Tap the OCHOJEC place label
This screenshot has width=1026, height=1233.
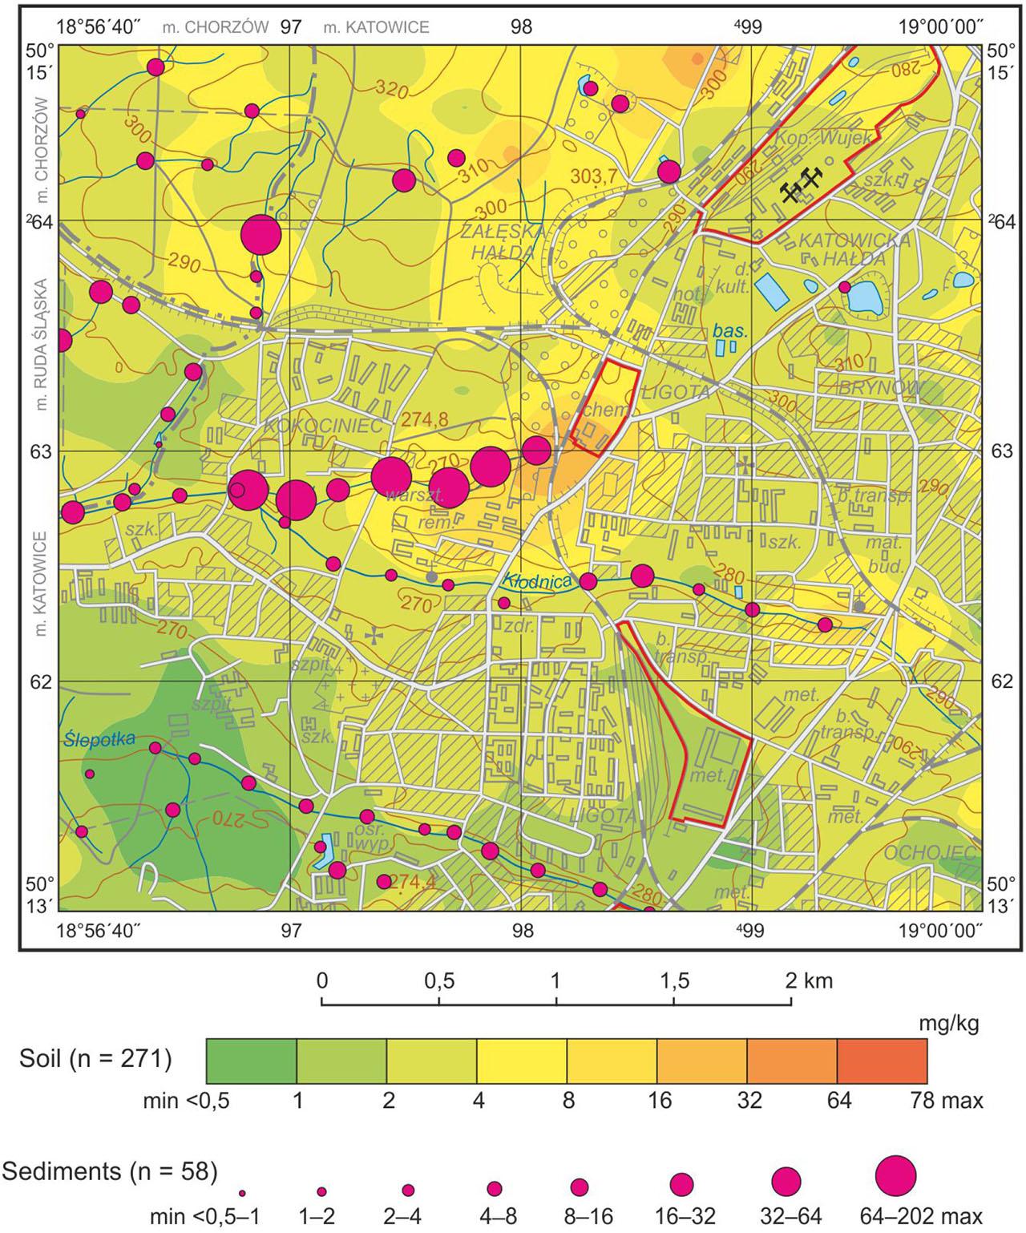click(931, 852)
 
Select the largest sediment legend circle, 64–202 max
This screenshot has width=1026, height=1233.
click(895, 1176)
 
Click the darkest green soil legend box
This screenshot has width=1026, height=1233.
click(252, 1061)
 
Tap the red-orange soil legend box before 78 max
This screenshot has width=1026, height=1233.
click(882, 1061)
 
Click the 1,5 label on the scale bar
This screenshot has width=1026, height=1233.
click(673, 980)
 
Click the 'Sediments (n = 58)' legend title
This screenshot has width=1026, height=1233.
click(110, 1171)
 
